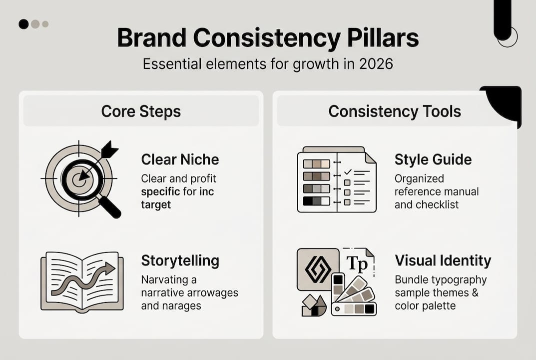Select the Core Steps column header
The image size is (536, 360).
point(141,111)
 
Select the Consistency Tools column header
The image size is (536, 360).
point(395,111)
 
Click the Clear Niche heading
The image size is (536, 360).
point(180,159)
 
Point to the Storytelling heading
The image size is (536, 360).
point(180,260)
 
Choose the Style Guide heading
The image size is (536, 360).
point(433,159)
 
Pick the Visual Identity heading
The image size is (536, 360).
point(443,260)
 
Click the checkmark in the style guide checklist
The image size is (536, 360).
point(349,172)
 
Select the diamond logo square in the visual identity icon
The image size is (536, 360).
point(318,269)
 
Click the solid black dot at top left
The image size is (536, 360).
point(23,24)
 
